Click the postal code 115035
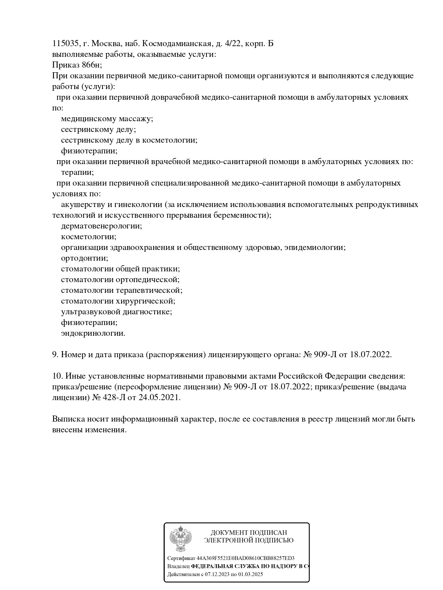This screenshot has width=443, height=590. point(65,44)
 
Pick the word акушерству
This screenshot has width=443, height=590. point(83,205)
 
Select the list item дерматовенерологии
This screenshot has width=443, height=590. point(101,226)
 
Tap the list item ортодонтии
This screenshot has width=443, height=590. point(85,258)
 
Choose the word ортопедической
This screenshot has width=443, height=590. point(147,280)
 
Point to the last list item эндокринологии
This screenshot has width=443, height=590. point(93,333)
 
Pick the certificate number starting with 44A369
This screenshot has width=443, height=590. point(246,558)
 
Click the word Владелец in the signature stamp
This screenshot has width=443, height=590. point(178,566)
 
